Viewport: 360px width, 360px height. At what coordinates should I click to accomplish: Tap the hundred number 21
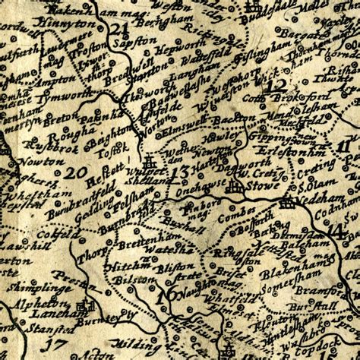[118, 30]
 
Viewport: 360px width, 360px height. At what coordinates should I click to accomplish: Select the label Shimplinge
[30, 279]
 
